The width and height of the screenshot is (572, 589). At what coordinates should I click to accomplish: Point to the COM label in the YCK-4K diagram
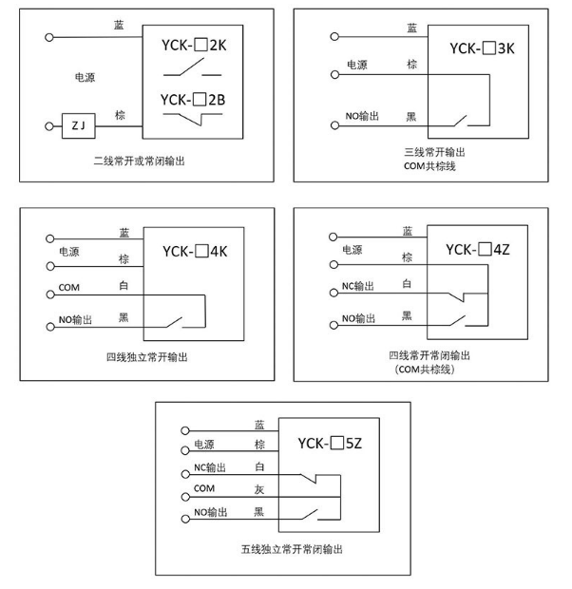point(68,286)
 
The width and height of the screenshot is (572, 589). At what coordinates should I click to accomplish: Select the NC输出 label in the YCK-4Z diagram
point(358,286)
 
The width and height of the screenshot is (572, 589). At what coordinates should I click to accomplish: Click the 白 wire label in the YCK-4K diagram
point(124,285)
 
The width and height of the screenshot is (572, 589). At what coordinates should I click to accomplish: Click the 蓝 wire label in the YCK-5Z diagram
point(259,426)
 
